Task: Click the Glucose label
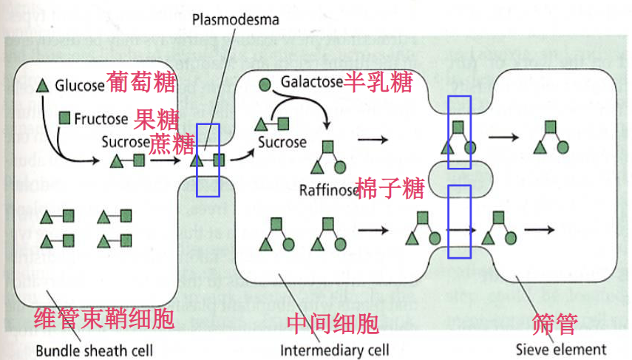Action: [80, 85]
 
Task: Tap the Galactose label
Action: [310, 82]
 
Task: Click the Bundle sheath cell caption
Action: [95, 350]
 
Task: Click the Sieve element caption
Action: [560, 349]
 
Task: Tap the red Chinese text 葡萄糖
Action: [140, 81]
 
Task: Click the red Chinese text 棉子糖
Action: [390, 189]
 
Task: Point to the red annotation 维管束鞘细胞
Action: [104, 319]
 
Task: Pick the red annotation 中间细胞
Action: [333, 323]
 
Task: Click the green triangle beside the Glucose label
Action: [43, 85]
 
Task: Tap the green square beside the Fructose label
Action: [65, 118]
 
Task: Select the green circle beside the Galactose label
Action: [265, 84]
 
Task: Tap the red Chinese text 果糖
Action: [157, 118]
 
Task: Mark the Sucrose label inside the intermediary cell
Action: [282, 141]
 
